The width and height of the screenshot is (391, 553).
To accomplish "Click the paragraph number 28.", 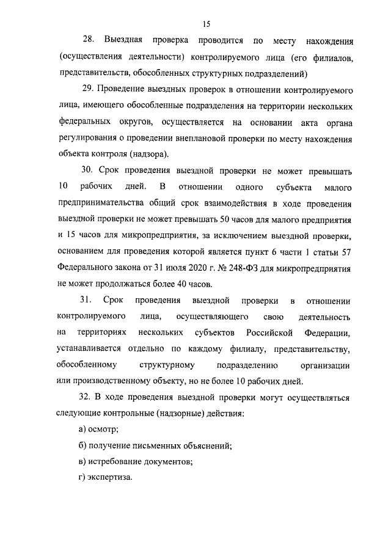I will [88, 41].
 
